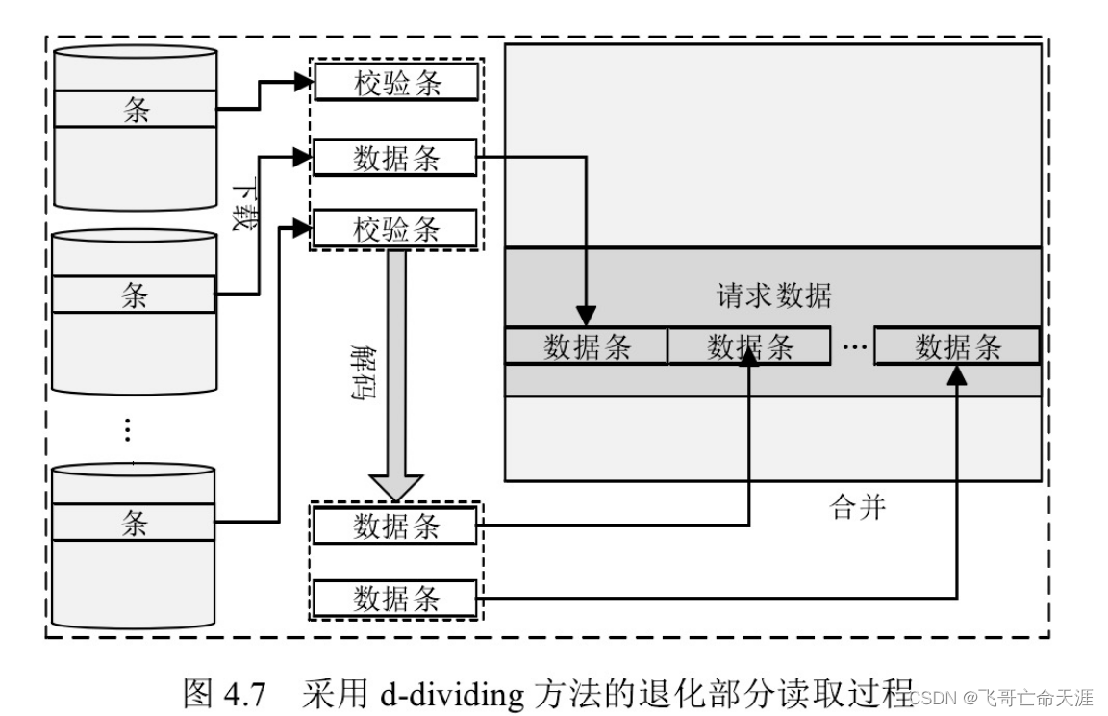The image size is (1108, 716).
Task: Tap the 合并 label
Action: click(x=857, y=505)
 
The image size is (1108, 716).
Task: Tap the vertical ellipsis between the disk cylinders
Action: click(x=128, y=429)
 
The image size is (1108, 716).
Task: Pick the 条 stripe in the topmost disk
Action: click(x=135, y=110)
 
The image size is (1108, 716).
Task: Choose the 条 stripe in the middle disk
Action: click(x=134, y=294)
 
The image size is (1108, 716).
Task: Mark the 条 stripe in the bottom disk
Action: click(x=134, y=522)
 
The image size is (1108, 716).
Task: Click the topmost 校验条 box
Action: click(x=395, y=84)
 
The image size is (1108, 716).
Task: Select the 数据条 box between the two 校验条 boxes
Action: click(x=395, y=158)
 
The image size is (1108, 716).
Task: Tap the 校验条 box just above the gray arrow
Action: click(x=395, y=229)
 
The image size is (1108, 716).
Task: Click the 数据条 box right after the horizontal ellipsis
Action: click(x=957, y=346)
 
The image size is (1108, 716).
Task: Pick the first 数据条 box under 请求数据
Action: click(x=586, y=346)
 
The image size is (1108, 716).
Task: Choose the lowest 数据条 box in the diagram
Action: click(x=395, y=599)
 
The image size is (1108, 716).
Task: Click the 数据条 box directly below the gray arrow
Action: click(x=395, y=526)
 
